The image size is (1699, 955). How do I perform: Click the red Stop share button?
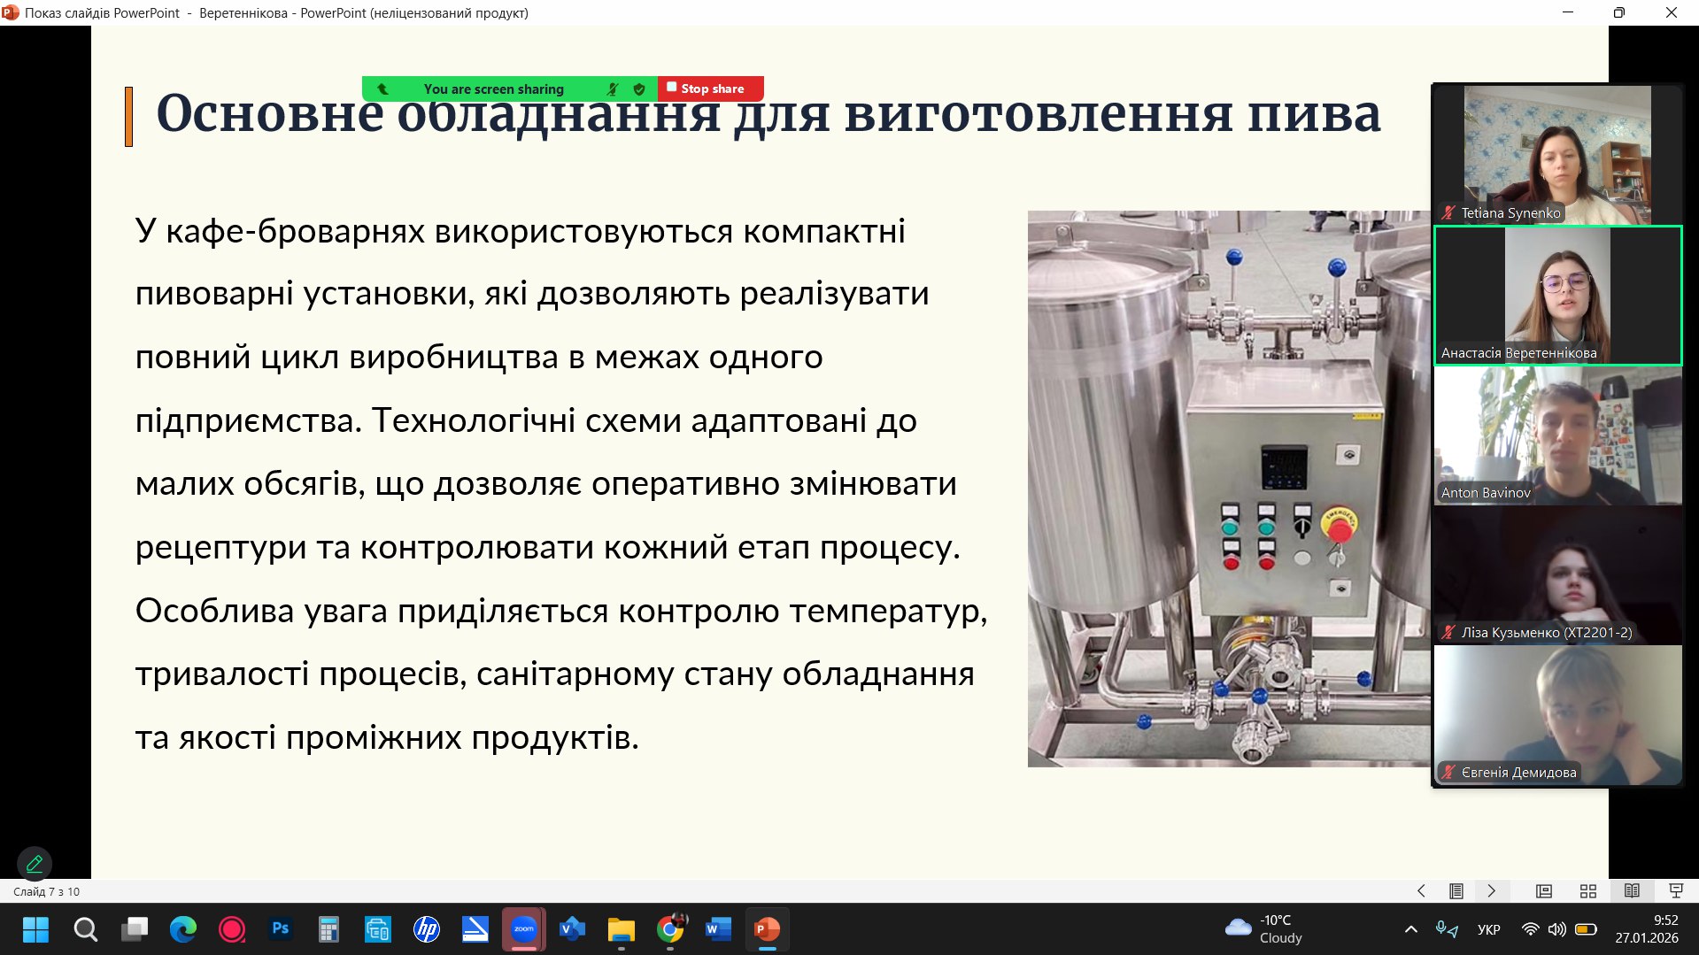(x=710, y=89)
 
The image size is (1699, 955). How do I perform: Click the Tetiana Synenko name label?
(x=1510, y=213)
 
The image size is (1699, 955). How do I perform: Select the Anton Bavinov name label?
(x=1486, y=493)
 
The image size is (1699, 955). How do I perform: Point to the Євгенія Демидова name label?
(x=1518, y=773)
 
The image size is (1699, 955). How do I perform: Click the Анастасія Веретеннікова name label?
(x=1518, y=353)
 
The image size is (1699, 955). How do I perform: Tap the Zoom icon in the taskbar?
(x=523, y=929)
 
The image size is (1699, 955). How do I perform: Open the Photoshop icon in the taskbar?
(x=281, y=929)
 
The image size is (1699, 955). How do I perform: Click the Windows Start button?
(x=35, y=929)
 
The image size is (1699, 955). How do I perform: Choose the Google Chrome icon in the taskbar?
(x=670, y=929)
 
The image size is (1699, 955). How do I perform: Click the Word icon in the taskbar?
(x=718, y=929)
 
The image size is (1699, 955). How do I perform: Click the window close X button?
(x=1671, y=12)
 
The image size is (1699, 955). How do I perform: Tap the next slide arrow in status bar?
(x=1491, y=891)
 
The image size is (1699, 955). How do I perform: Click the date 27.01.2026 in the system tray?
(x=1646, y=938)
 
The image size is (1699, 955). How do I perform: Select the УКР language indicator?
(x=1488, y=929)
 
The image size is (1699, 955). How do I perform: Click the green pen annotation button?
(x=35, y=863)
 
